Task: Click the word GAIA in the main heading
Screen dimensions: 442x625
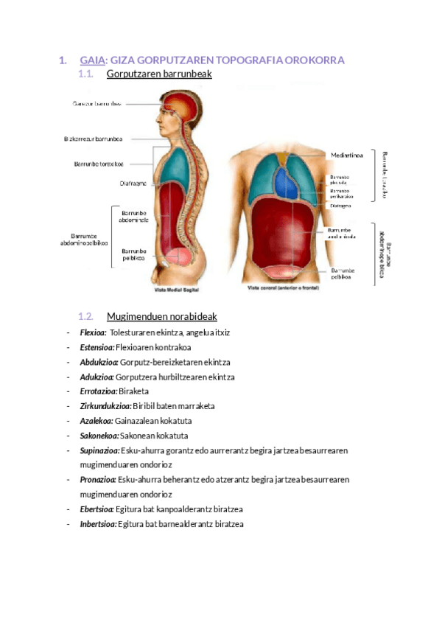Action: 93,60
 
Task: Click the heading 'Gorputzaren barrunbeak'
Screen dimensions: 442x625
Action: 159,74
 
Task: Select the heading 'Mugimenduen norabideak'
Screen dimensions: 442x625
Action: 162,317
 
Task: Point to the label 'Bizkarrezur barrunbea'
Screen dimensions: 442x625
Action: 93,139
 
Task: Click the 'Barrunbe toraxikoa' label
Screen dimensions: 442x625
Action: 99,164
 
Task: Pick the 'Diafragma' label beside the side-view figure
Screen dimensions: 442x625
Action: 133,183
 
